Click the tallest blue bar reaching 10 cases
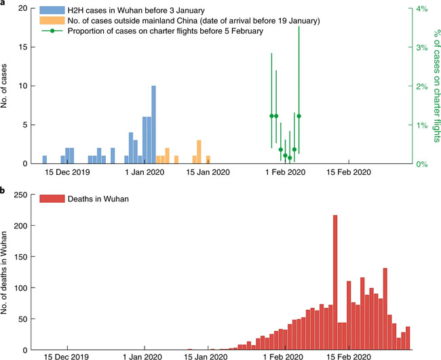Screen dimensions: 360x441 pyautogui.click(x=154, y=125)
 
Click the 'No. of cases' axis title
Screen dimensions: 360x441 pyautogui.click(x=6, y=86)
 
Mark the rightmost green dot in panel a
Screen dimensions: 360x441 pyautogui.click(x=299, y=116)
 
